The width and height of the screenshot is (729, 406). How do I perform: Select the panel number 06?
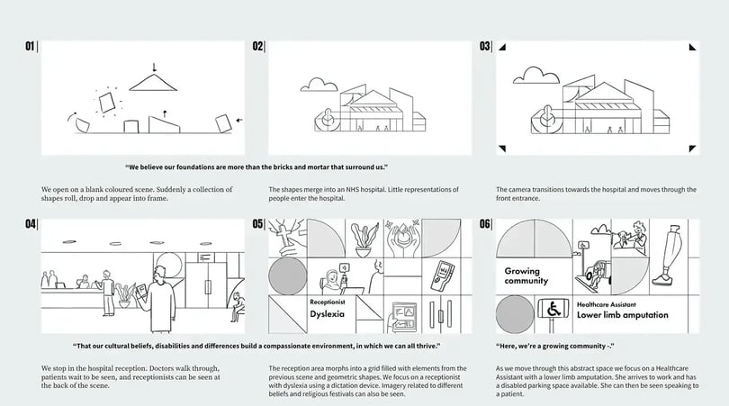(485, 223)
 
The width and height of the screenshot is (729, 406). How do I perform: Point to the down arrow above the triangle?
(154, 66)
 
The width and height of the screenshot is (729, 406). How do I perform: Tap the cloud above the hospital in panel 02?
(317, 85)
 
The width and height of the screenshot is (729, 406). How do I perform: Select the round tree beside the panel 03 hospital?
(548, 114)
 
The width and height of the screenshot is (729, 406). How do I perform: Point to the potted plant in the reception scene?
(126, 292)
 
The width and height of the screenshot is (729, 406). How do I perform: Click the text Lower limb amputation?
(625, 316)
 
